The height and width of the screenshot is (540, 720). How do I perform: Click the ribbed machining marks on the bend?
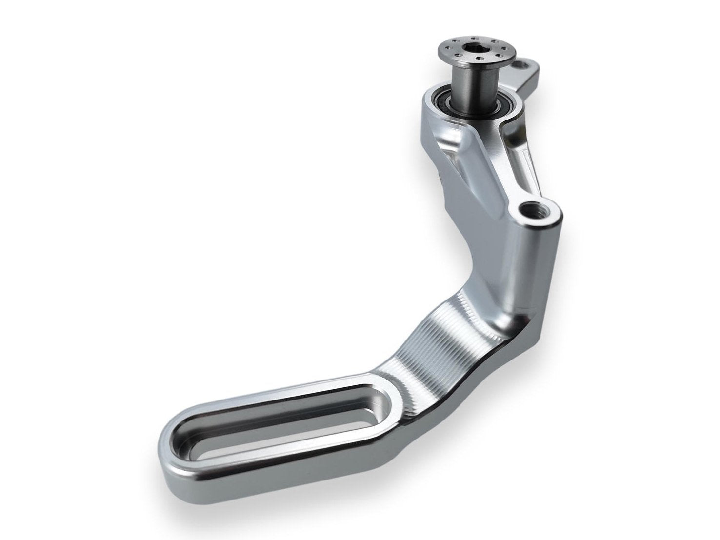point(429,341)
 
